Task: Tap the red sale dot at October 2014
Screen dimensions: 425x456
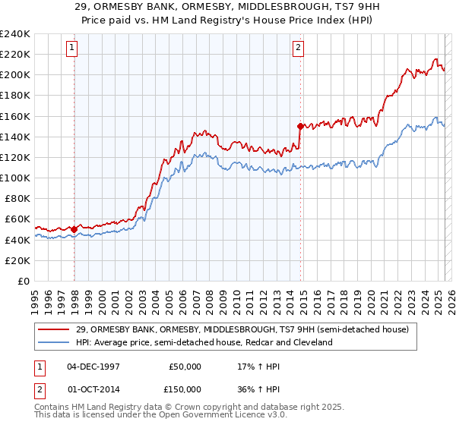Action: [300, 126]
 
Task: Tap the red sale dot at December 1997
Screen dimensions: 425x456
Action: [74, 228]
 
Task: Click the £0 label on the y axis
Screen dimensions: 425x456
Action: [23, 281]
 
